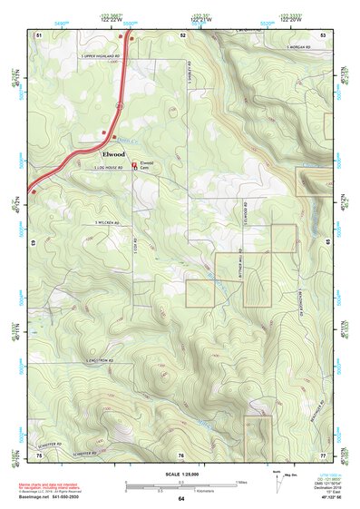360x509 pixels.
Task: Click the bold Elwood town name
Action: [x=108, y=153]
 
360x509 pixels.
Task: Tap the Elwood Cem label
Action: [x=148, y=164]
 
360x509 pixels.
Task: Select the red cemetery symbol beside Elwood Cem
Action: [x=135, y=165]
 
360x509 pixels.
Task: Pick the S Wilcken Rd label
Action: [x=108, y=223]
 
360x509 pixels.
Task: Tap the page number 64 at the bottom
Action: [x=181, y=498]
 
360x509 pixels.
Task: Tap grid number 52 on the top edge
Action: [x=183, y=34]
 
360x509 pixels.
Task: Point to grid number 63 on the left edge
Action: [x=34, y=243]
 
